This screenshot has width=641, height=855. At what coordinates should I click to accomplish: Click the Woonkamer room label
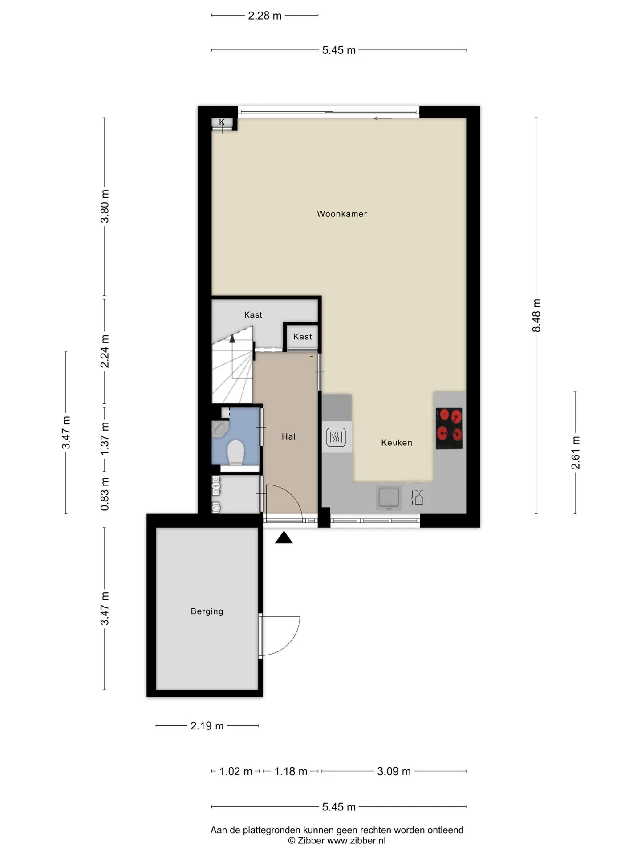(x=342, y=214)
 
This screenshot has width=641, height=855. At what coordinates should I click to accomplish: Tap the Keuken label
(x=397, y=443)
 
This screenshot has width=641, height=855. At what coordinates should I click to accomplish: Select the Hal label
(x=288, y=436)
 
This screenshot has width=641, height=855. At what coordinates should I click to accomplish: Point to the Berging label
(x=207, y=611)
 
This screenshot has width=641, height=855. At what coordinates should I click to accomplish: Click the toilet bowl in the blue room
(x=236, y=452)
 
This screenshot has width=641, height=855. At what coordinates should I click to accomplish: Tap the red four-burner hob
(x=449, y=428)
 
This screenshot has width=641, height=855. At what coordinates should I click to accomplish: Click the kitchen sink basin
(x=389, y=497)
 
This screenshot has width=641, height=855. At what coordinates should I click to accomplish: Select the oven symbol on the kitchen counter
(x=336, y=437)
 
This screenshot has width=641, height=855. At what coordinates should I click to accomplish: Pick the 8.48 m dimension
(x=536, y=315)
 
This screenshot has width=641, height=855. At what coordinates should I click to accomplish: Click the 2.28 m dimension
(x=265, y=16)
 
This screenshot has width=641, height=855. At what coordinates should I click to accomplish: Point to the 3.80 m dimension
(x=105, y=206)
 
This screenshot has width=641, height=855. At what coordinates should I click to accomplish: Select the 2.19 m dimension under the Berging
(x=207, y=726)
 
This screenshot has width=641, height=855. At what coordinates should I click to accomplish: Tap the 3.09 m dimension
(x=394, y=771)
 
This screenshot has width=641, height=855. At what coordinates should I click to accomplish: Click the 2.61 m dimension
(x=576, y=452)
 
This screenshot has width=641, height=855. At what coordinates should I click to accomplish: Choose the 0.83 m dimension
(x=105, y=494)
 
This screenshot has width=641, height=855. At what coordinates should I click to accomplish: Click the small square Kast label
(x=302, y=337)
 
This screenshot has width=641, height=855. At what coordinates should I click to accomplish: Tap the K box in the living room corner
(x=222, y=122)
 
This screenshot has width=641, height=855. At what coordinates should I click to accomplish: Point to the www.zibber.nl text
(x=356, y=841)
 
